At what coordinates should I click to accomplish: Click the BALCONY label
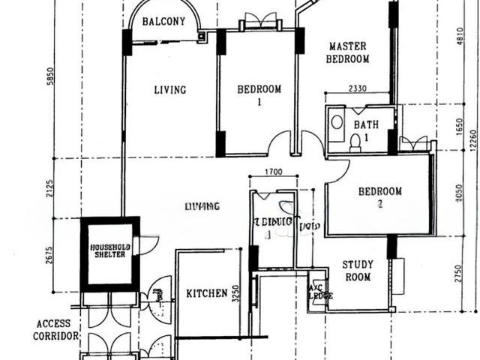(x=163, y=21)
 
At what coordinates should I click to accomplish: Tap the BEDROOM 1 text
(x=259, y=96)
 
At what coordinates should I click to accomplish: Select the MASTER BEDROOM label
(x=349, y=52)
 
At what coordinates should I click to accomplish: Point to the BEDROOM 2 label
(x=379, y=197)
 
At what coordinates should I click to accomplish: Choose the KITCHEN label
(x=206, y=293)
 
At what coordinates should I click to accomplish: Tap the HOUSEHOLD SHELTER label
(x=110, y=250)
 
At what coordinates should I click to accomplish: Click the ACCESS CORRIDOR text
(x=55, y=330)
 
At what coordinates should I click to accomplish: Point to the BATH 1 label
(x=367, y=131)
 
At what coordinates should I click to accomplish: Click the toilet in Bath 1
(x=355, y=142)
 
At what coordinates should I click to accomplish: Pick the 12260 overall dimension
(x=472, y=139)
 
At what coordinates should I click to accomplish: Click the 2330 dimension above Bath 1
(x=357, y=88)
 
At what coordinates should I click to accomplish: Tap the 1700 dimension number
(x=273, y=172)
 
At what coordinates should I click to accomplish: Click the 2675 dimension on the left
(x=50, y=254)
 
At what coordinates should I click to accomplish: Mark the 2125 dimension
(x=50, y=187)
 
